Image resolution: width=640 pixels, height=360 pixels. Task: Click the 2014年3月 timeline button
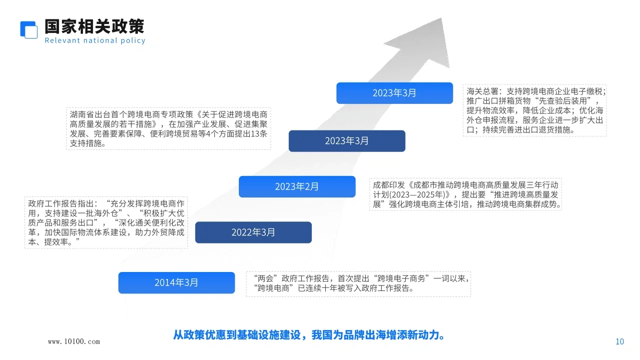click(x=176, y=282)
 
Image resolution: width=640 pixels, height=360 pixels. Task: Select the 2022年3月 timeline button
click(x=253, y=232)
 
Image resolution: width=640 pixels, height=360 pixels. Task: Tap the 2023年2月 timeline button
click(x=297, y=186)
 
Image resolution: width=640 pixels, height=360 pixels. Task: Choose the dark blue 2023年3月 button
click(x=347, y=141)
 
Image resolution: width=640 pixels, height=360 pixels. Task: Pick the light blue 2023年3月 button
click(x=394, y=93)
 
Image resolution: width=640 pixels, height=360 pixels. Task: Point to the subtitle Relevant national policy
click(x=95, y=40)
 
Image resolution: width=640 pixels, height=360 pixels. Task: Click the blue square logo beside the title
click(x=29, y=29)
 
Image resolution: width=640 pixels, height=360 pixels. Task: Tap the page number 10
click(x=620, y=342)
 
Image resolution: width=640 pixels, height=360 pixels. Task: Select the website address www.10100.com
click(x=74, y=342)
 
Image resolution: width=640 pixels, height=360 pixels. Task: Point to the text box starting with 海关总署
click(x=535, y=110)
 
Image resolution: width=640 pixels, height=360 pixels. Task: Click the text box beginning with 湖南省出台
click(x=168, y=128)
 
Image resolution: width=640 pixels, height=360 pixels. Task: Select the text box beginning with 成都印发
click(x=465, y=194)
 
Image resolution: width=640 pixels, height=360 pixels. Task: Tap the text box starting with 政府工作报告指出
click(x=106, y=223)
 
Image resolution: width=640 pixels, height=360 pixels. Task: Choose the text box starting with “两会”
click(x=358, y=283)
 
